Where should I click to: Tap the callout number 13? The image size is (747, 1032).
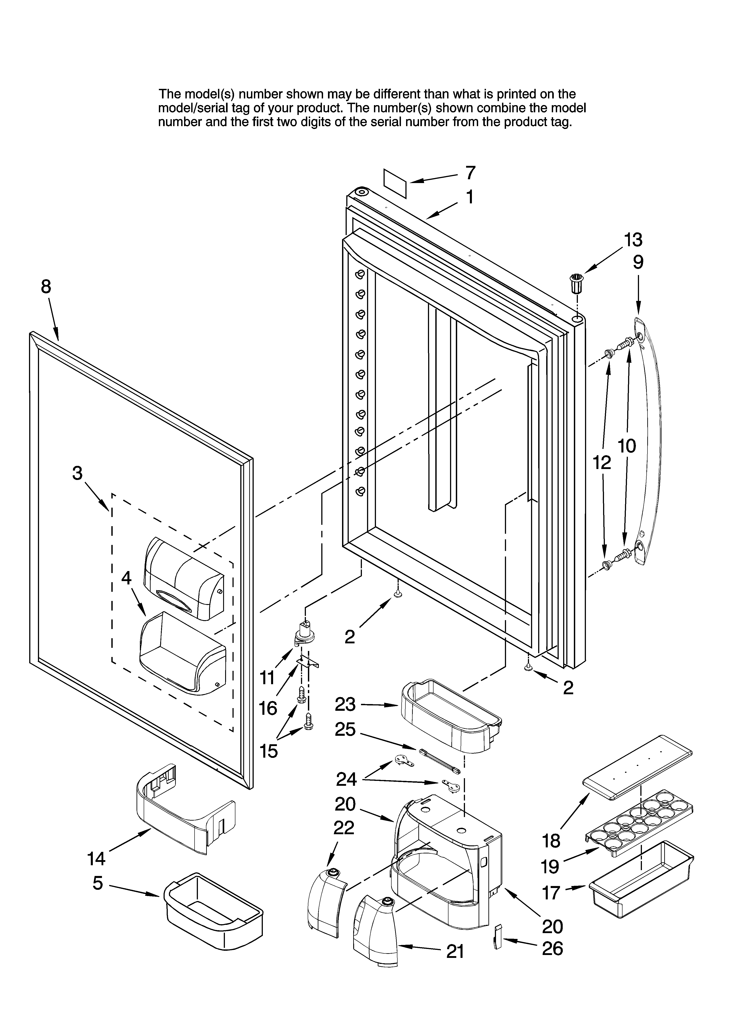click(x=633, y=239)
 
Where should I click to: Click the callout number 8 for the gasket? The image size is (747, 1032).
click(x=46, y=287)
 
